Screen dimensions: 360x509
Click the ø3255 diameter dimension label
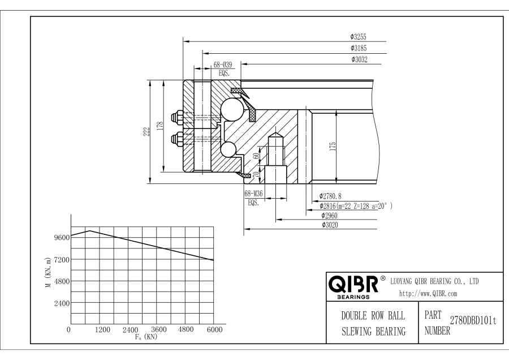[359, 37]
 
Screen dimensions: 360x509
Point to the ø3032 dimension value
[359, 59]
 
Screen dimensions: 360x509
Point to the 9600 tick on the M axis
[61, 237]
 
